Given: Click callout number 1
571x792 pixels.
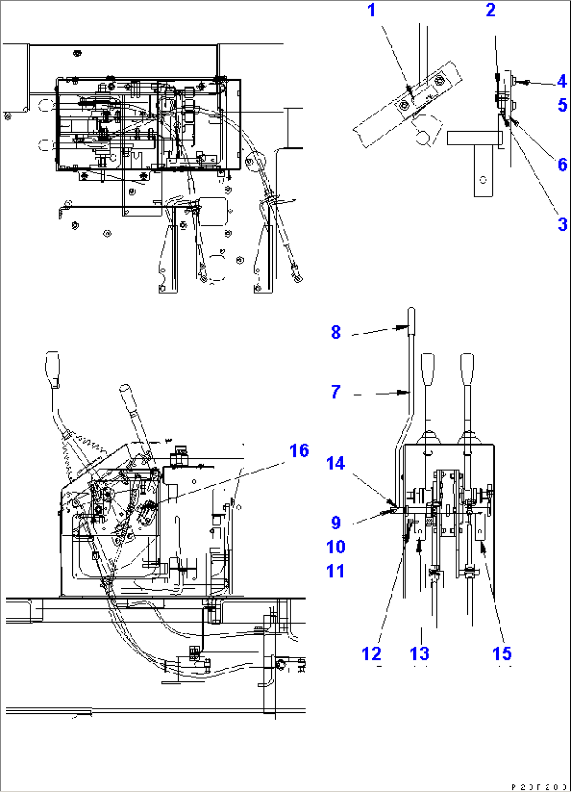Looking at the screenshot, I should pyautogui.click(x=371, y=10).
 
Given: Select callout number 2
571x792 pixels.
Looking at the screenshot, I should pyautogui.click(x=490, y=10).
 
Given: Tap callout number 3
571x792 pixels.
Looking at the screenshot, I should pyautogui.click(x=562, y=224).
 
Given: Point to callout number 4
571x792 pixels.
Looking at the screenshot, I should pyautogui.click(x=562, y=81).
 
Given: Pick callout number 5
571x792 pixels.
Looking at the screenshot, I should pyautogui.click(x=562, y=105).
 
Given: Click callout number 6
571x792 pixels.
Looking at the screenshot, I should pyautogui.click(x=562, y=165).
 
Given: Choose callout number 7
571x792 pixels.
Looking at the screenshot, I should pyautogui.click(x=336, y=391).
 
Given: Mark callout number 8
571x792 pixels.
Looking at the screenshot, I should pyautogui.click(x=336, y=332).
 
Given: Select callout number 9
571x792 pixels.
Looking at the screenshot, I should pyautogui.click(x=336, y=522).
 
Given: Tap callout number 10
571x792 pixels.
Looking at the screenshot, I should pyautogui.click(x=336, y=547).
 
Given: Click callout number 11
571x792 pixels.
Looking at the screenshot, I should pyautogui.click(x=336, y=571).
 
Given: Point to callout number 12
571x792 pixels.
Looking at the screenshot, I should pyautogui.click(x=371, y=654).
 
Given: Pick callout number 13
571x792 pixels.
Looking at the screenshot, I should pyautogui.click(x=420, y=654).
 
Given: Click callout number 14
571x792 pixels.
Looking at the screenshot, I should pyautogui.click(x=336, y=463).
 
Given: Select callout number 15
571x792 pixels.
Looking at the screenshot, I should pyautogui.click(x=502, y=654).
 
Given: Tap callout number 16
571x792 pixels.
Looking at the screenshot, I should pyautogui.click(x=299, y=451).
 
